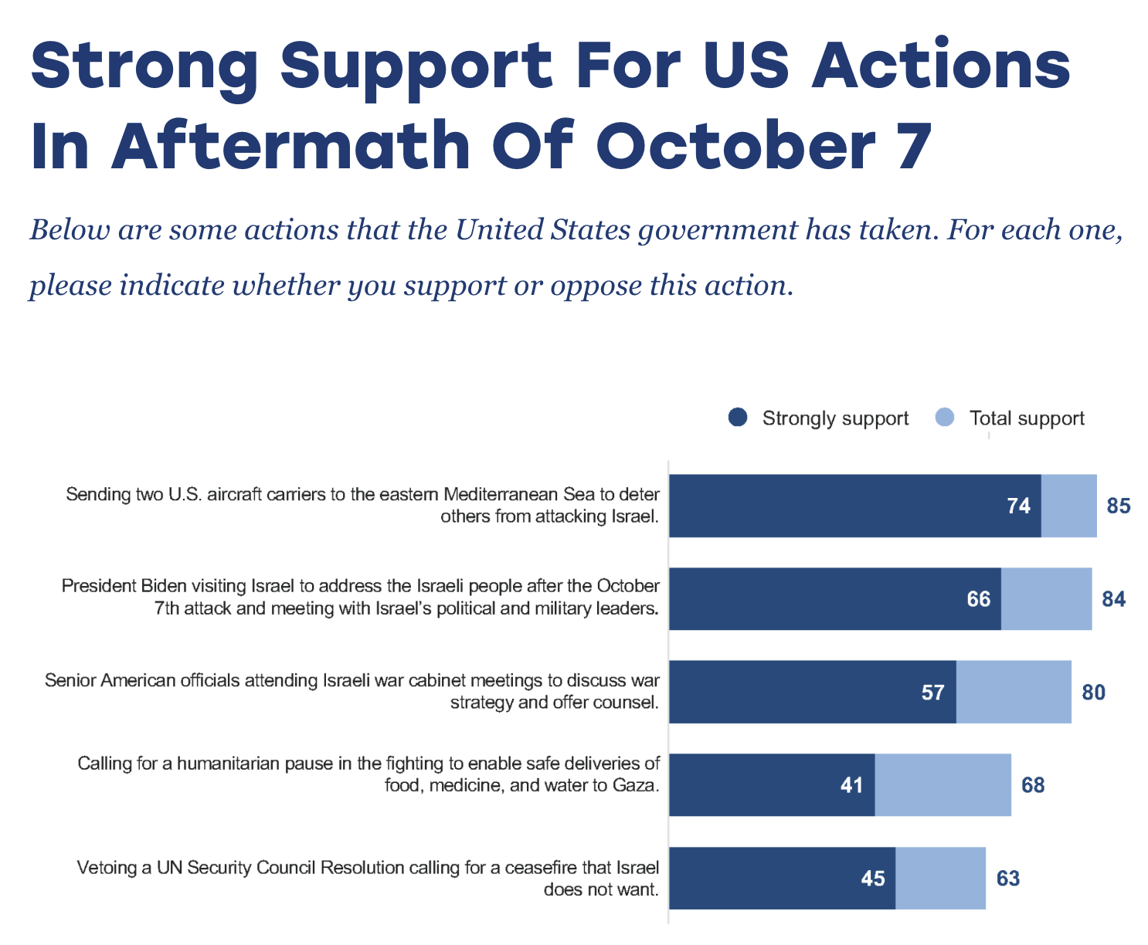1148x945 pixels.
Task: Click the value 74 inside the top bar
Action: [1018, 506]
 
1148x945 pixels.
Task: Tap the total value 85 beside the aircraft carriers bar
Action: [1119, 506]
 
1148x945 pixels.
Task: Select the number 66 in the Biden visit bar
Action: [979, 599]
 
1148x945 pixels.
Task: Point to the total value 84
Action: [1113, 599]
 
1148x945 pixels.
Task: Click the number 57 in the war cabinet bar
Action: [933, 693]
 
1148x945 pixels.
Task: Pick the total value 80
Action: [1093, 693]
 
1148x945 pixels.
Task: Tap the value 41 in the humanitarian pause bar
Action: [851, 785]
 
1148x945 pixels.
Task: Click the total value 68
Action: [1033, 785]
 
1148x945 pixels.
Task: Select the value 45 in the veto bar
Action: [872, 879]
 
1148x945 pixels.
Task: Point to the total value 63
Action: [1008, 879]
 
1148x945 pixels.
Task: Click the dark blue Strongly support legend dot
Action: [737, 417]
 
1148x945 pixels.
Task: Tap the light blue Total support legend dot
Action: [945, 417]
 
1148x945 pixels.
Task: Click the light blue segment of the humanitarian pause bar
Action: [943, 785]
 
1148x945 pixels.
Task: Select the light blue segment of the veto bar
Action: [940, 879]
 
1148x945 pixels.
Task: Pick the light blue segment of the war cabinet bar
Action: [1014, 693]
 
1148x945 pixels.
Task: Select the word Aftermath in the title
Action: [290, 144]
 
